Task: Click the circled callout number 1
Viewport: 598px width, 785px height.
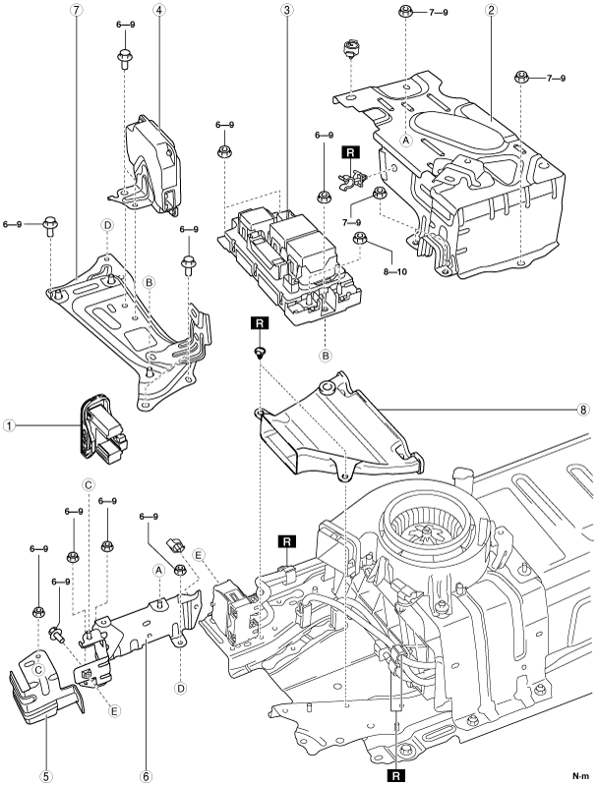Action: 9,426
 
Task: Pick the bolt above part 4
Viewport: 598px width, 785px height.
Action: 125,57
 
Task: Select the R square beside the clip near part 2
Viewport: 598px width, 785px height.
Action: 349,152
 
